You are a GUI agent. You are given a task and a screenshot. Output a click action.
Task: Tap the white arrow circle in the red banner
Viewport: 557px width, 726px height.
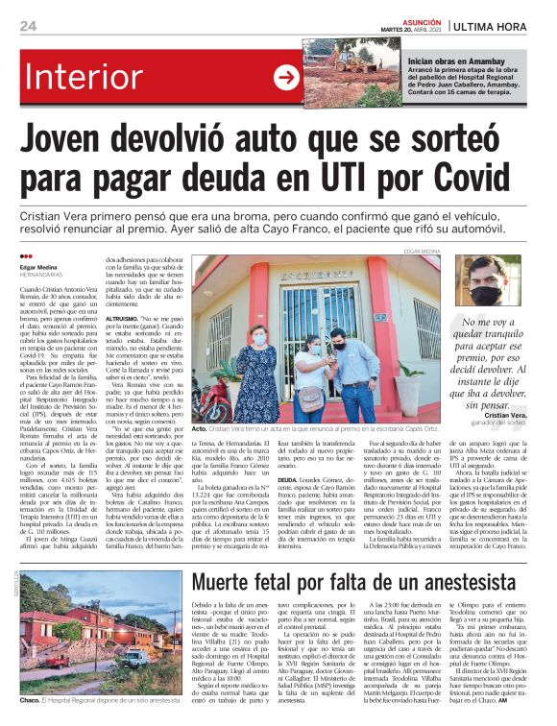[x=286, y=76]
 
